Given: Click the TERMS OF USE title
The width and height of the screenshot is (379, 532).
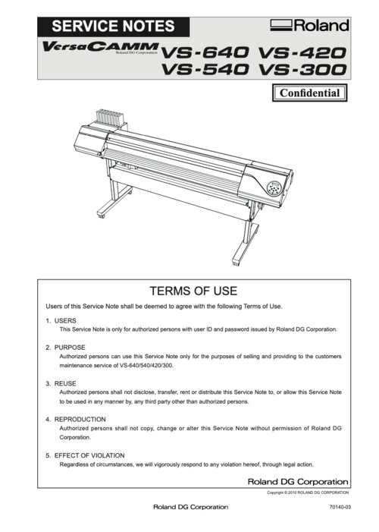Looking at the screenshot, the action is [x=193, y=291].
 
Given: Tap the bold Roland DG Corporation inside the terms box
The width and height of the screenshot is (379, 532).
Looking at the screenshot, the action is [x=299, y=481].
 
